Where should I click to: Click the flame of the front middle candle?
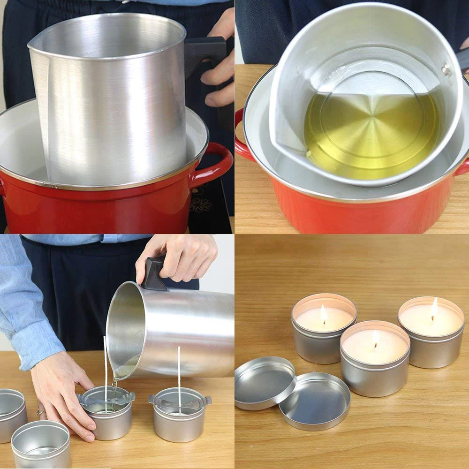(x=376, y=339)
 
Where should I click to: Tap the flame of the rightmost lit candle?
(x=434, y=309)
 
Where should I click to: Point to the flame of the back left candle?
(x=324, y=314)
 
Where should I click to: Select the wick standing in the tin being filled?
(x=106, y=371)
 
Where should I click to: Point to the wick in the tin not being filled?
(x=179, y=375)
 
